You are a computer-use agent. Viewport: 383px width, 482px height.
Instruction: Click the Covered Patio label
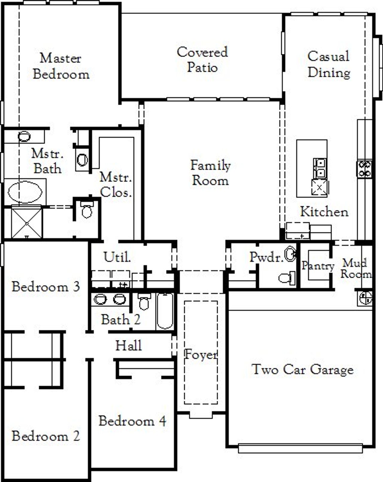(202, 60)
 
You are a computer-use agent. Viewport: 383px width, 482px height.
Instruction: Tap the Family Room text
(210, 173)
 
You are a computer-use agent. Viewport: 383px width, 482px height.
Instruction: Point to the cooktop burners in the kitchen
(365, 169)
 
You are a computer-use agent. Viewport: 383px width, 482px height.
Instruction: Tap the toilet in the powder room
(287, 278)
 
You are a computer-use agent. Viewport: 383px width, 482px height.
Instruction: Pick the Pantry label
(317, 266)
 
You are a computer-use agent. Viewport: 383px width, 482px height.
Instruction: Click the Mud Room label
(355, 269)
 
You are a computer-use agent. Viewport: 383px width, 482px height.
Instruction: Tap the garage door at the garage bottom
(300, 448)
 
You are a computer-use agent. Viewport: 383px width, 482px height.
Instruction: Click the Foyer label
(201, 355)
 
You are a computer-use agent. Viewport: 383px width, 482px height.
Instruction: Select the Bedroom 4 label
(132, 421)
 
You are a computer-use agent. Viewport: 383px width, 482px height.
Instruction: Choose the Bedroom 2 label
(46, 436)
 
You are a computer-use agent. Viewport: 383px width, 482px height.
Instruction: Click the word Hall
(129, 345)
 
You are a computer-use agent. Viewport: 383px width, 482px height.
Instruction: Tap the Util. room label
(117, 257)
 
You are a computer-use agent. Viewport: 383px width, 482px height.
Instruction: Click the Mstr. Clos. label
(116, 185)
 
